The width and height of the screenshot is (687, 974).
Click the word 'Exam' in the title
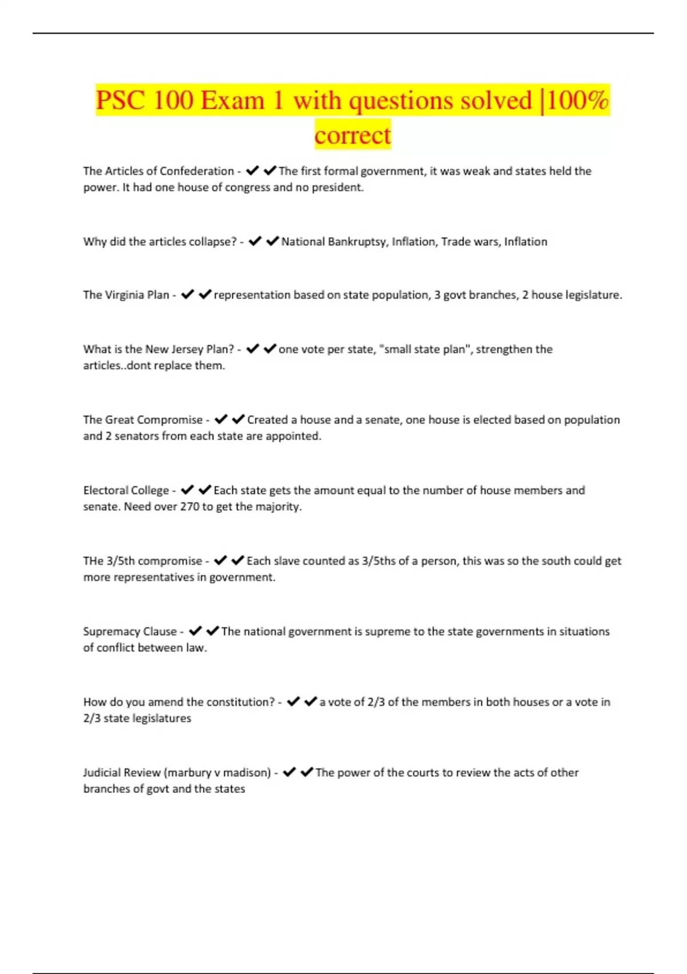point(232,101)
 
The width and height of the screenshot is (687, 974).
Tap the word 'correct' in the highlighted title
point(352,135)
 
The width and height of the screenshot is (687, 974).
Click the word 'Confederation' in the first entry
point(198,171)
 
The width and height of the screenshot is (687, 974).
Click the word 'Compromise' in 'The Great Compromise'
point(170,420)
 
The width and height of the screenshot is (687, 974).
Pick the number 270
point(189,506)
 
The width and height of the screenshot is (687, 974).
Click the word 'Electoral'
point(105,490)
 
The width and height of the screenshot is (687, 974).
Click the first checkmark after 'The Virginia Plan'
point(187,294)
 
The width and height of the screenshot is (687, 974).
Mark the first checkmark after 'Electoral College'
point(187,490)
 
